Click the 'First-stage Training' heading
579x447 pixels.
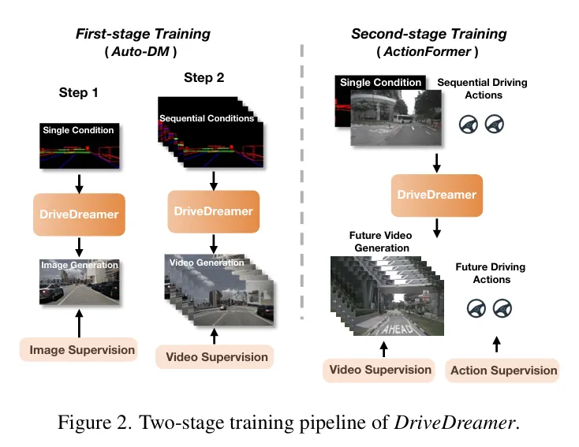pos(143,34)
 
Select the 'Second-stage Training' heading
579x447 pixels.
pos(428,34)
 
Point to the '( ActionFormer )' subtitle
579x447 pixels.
pos(428,52)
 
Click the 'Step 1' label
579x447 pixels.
pos(79,92)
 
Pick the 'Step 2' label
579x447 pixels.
pos(204,77)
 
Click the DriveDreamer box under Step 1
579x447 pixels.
pos(79,213)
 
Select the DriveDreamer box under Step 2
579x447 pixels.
pos(213,211)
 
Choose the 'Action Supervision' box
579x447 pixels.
pos(503,370)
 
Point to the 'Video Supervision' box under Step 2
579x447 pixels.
pos(216,356)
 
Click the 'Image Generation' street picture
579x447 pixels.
pos(79,281)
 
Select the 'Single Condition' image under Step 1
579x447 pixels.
pos(79,145)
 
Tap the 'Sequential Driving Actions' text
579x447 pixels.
pos(482,89)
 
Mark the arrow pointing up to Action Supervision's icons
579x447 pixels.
pos(495,344)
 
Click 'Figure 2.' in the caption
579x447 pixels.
pos(93,422)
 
